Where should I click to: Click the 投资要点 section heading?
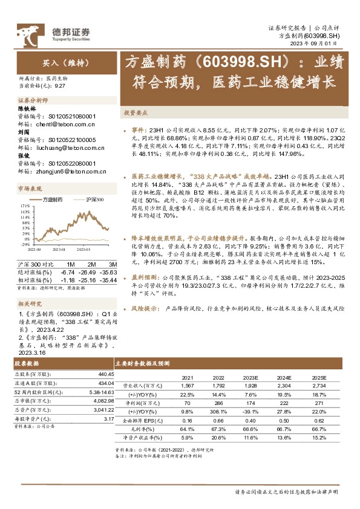(x=152, y=113)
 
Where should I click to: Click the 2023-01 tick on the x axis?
(x=59, y=248)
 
